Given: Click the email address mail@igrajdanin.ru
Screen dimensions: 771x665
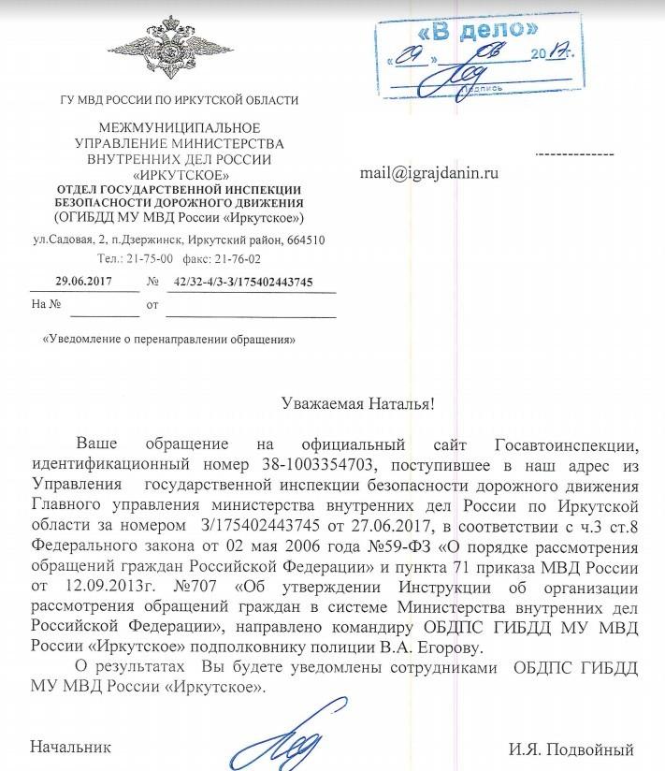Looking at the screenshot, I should pos(429,173).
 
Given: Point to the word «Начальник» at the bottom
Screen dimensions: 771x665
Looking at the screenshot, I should pos(71,748).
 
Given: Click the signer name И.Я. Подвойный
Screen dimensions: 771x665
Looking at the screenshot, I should pos(571,749).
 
